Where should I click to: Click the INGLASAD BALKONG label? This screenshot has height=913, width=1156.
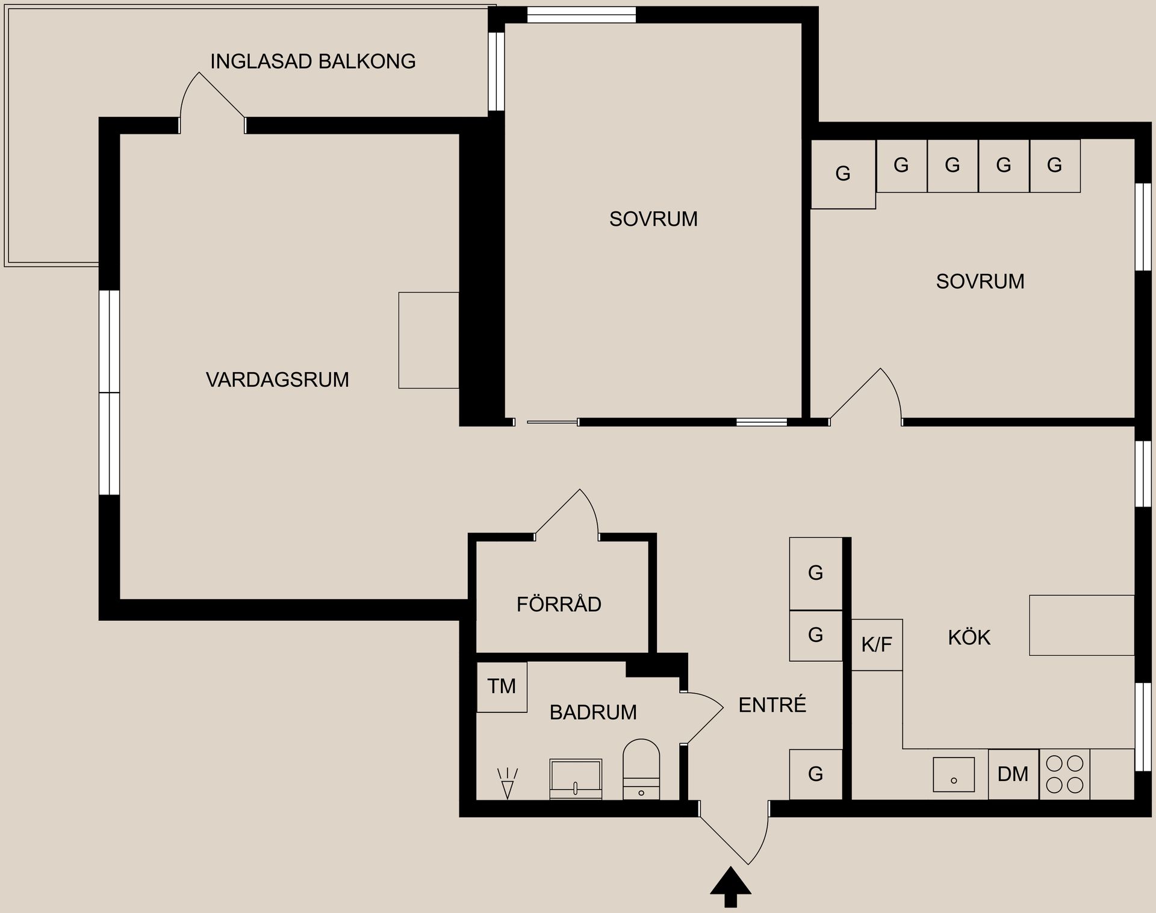[312, 61]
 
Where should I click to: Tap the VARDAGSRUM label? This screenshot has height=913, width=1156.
[277, 380]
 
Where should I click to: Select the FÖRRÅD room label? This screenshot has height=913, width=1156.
[559, 604]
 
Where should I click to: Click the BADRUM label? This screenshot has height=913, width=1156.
[593, 712]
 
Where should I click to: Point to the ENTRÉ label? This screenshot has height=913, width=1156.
[772, 705]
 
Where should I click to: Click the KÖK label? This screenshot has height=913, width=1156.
[969, 638]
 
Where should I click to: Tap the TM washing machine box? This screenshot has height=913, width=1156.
[502, 687]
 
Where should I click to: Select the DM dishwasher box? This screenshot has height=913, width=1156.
[1013, 774]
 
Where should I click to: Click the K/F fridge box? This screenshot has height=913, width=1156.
[877, 645]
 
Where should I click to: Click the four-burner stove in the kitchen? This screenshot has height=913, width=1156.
[1064, 774]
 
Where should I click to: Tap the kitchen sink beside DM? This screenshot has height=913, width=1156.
[954, 774]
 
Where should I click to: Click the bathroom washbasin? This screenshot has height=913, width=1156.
[576, 779]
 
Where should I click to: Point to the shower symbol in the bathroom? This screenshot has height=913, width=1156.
[507, 783]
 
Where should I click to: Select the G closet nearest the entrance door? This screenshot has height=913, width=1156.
[815, 774]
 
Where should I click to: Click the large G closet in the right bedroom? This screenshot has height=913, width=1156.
[843, 174]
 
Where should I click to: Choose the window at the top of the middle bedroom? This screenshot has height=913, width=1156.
[581, 15]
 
